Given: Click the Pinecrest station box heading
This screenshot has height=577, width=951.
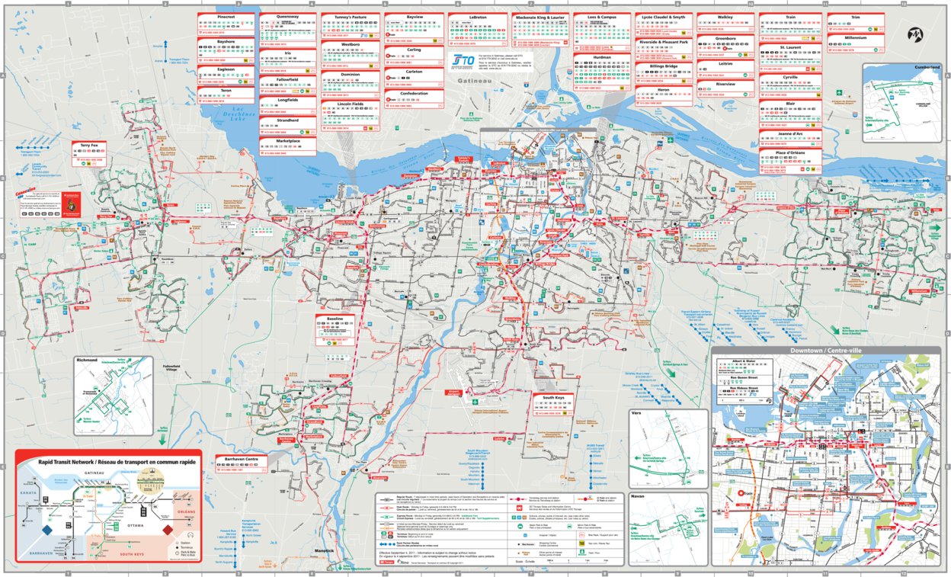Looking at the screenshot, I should pos(226,15).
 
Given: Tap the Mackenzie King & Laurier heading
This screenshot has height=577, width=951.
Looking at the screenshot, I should pos(540,15).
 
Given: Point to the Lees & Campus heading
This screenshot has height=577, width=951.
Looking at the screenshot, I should pos(602,15).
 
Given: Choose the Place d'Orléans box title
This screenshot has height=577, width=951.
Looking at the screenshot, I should pos(790,152).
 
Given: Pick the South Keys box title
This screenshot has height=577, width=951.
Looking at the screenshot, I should pos(552,398).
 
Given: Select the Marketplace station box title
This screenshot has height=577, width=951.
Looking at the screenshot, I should pos(287,140).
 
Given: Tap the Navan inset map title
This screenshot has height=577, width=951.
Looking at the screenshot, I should pos(641,496).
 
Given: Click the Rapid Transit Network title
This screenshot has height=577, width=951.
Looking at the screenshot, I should pos(107,462).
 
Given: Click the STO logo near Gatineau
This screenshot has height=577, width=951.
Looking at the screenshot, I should pos(463,59).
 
